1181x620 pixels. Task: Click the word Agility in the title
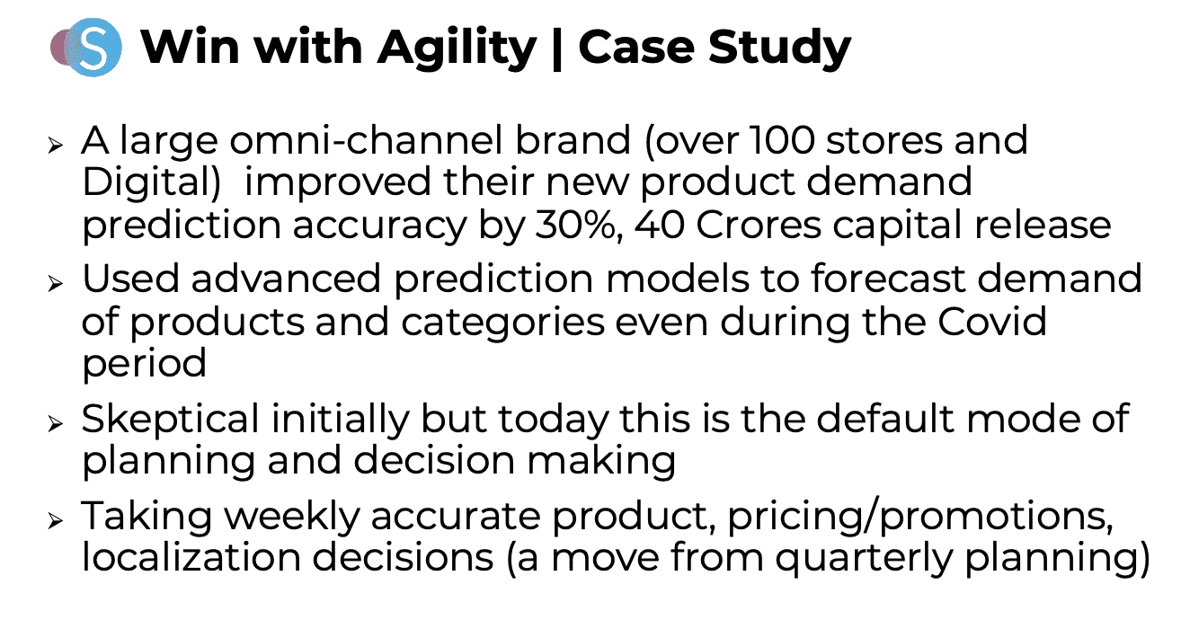457,49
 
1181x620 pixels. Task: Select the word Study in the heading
779,49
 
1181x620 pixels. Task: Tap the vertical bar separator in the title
556,49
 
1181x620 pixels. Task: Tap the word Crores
759,226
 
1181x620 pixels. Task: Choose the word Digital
151,183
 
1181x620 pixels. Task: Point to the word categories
502,323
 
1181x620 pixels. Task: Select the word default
886,418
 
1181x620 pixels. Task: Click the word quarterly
864,559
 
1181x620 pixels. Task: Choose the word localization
191,557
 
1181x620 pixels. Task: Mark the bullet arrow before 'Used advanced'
56,283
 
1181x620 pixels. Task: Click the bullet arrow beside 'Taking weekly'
56,520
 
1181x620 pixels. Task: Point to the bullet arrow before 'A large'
56,145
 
